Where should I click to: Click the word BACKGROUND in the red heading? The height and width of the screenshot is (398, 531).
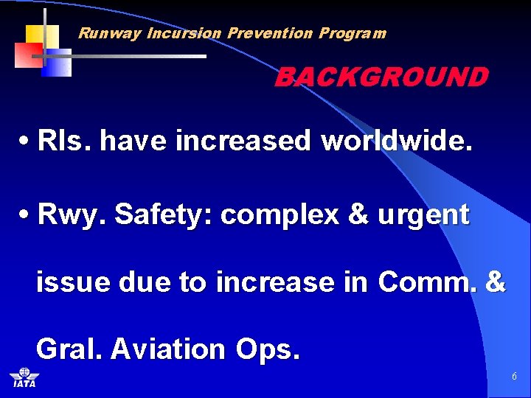coord(381,77)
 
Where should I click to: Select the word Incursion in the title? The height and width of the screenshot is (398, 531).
coord(184,33)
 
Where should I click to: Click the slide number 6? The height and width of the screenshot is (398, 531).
coord(514,377)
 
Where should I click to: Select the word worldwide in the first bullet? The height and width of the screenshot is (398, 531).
coord(395,140)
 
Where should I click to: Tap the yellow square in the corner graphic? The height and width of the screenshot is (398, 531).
coord(42,35)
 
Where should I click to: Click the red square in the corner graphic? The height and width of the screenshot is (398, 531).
coord(29,55)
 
